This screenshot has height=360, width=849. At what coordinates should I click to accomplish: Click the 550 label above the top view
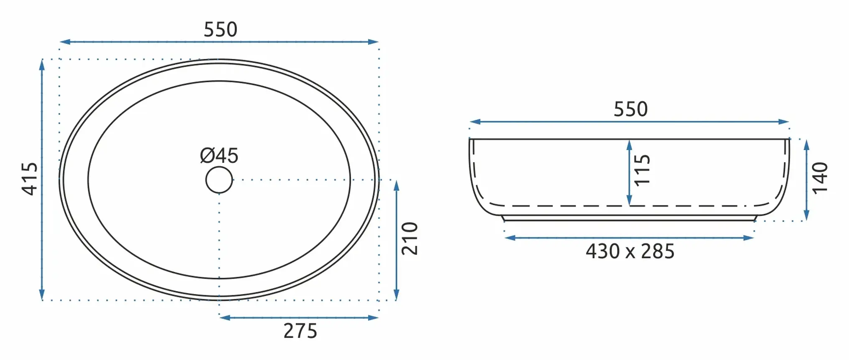tap(220, 30)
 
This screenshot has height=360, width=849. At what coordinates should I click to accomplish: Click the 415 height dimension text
tap(30, 179)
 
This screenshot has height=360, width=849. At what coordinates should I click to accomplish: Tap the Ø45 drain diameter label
tap(219, 156)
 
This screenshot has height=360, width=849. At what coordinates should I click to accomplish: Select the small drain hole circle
tap(219, 180)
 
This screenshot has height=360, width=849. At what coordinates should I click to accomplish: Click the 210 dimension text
tap(409, 238)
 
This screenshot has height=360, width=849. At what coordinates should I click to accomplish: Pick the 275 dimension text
tap(300, 331)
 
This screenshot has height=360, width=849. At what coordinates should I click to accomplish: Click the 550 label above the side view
tap(630, 109)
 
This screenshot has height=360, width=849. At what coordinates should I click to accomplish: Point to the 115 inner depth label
tap(642, 170)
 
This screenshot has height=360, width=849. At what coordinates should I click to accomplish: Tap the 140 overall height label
tap(820, 178)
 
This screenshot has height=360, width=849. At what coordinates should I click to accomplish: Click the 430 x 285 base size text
tap(630, 251)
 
